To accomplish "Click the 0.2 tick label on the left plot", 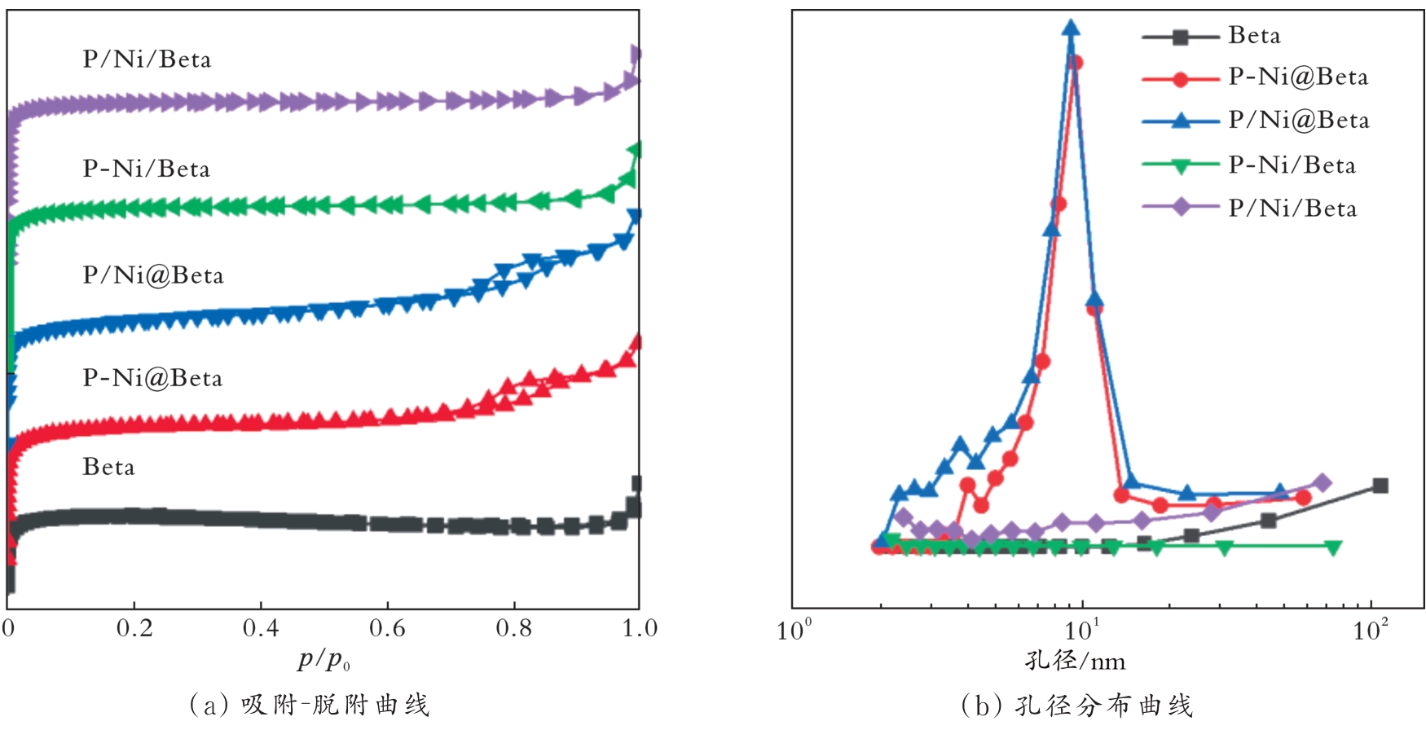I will coord(134,628).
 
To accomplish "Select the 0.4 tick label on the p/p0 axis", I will coord(261,628).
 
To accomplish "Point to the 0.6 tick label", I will coord(387,628).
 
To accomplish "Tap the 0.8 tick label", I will coord(514,628).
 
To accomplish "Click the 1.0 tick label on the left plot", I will coord(640,628).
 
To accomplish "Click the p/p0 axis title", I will coord(323,659).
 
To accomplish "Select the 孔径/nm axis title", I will coord(1075,660).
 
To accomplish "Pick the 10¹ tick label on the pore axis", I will coord(1083,630).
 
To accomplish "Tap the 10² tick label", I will coord(1371,630).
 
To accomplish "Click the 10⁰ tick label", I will coord(794,630).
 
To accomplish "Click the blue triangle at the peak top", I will coord(1072,29).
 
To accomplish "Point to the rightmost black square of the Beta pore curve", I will coord(1380,486).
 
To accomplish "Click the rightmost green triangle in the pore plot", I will coord(1333,547).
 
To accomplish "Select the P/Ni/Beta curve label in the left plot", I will coord(147,59).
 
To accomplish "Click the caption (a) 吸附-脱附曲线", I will coord(309,704).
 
